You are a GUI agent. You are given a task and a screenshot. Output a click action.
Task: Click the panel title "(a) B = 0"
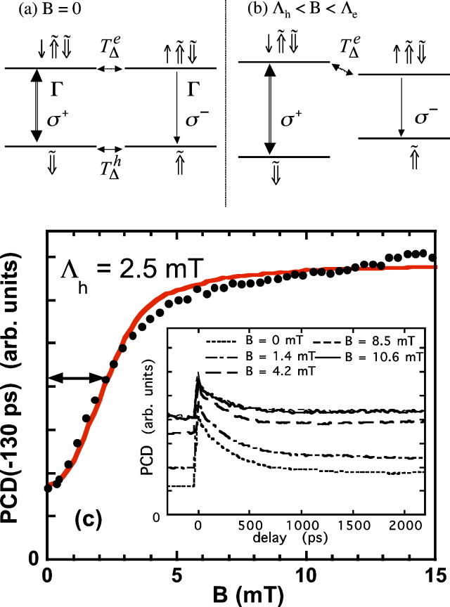(37, 11)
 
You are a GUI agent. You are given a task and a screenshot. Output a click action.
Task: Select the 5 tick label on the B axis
(176, 573)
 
